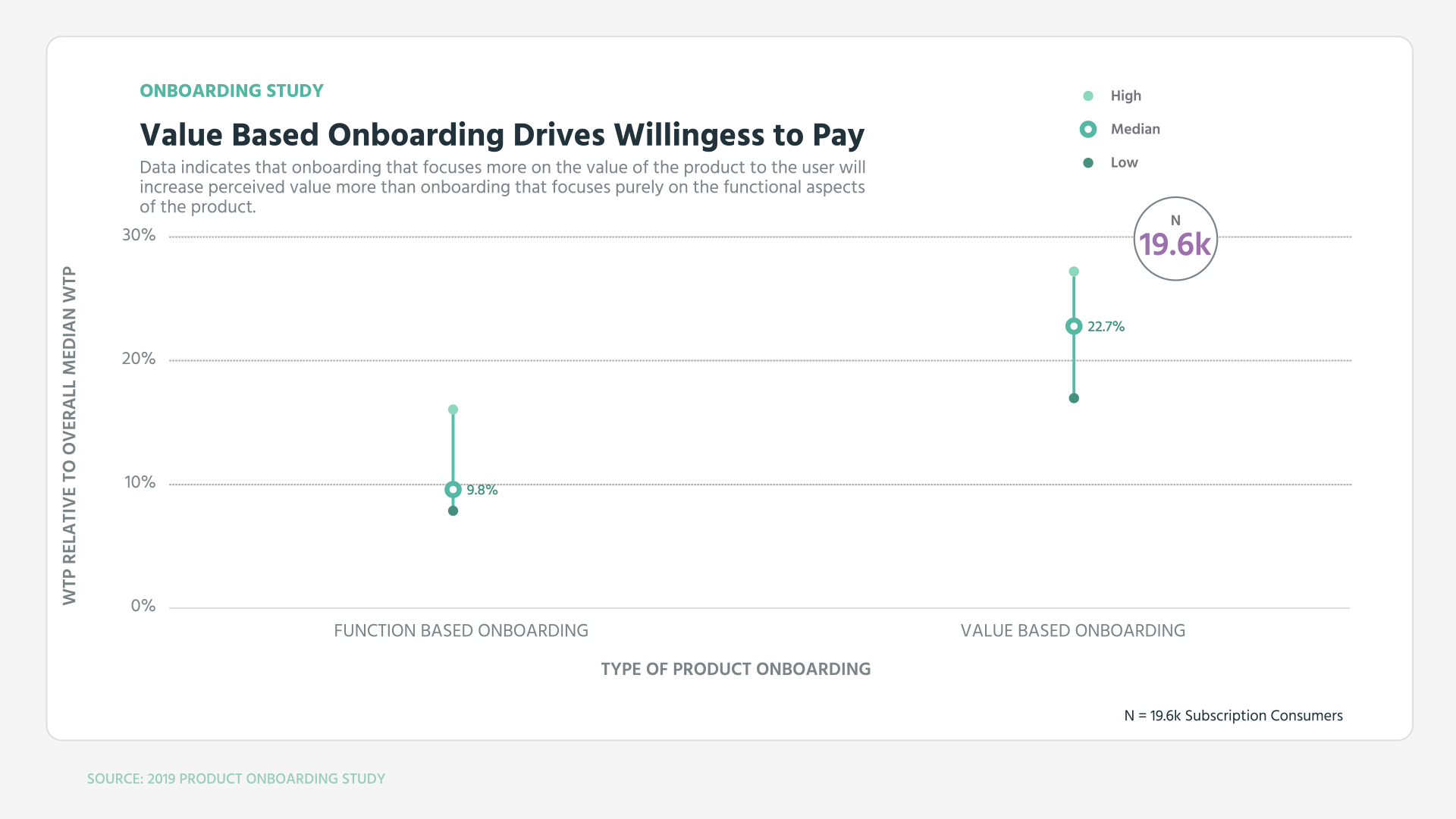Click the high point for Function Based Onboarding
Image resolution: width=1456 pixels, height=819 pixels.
453,409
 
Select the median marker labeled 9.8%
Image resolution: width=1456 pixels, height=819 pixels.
453,490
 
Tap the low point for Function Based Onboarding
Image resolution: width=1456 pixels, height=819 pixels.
453,511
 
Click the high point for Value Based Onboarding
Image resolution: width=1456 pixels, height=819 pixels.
1074,271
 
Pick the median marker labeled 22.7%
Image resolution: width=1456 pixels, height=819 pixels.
1074,327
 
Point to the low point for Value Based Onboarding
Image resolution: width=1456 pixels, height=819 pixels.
1074,398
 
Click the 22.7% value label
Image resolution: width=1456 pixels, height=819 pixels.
1106,327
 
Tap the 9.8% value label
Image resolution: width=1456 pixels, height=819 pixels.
482,491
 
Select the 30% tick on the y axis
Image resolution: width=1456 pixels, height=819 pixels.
139,236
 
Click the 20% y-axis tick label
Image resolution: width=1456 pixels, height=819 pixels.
139,359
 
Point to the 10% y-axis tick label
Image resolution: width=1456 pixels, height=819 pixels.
140,483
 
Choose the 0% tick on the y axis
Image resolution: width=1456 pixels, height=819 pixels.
143,607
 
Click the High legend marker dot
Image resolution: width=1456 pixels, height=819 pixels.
1088,96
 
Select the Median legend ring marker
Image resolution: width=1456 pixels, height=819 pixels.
1088,130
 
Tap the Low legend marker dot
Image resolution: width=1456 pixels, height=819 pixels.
1088,163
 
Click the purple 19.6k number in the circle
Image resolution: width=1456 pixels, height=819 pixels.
1175,245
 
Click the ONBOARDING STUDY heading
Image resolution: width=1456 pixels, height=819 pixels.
231,91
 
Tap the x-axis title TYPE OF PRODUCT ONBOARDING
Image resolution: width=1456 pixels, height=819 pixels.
736,670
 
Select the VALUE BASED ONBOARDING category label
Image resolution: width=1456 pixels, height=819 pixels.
1072,631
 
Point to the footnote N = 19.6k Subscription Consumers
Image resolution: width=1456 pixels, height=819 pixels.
1233,716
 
